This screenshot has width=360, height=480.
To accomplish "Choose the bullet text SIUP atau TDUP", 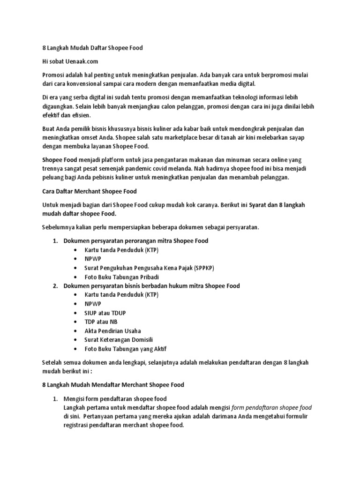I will pos(105,313).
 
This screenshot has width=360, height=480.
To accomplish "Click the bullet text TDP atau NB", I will pos(101,322).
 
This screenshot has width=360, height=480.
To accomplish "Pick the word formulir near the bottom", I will pos(296,416).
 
